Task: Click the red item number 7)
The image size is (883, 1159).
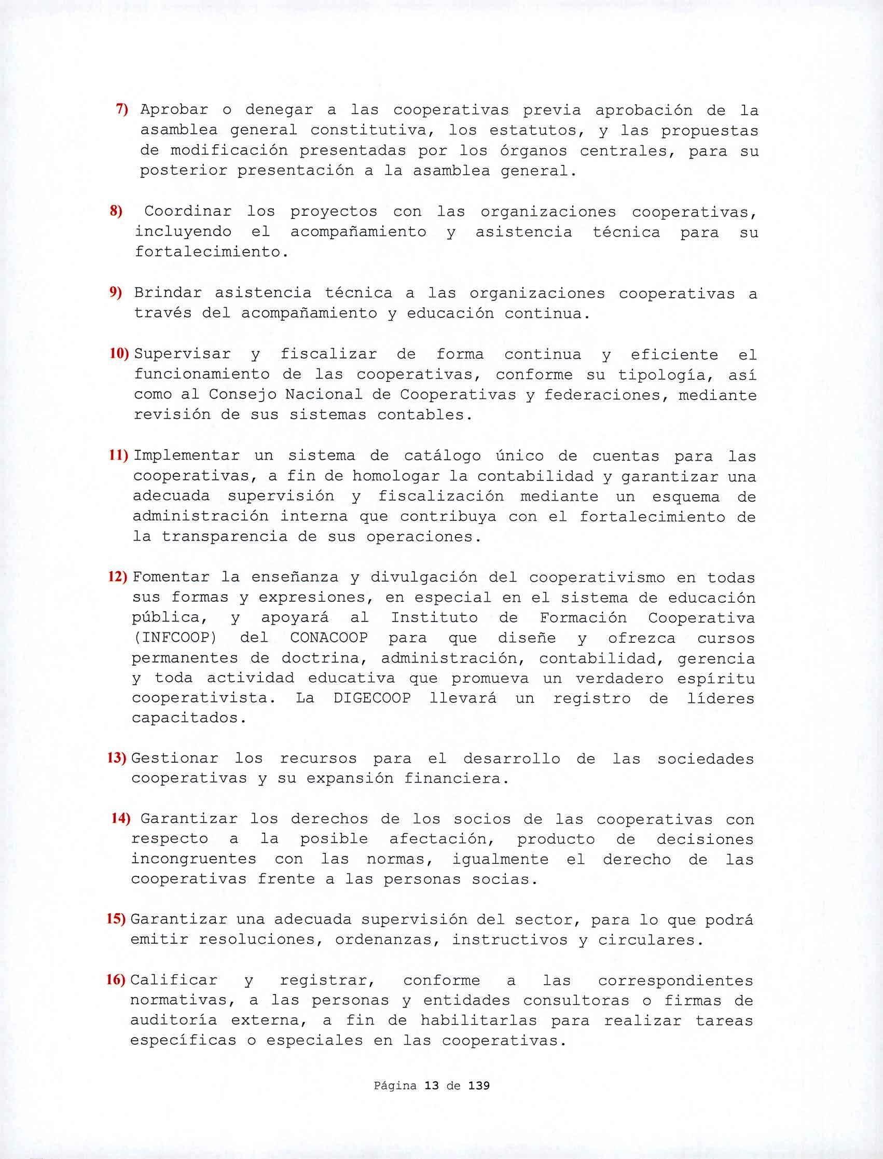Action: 122,109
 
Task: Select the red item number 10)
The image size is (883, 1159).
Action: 119,354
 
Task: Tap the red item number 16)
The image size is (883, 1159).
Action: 116,981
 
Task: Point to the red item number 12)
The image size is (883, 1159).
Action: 118,577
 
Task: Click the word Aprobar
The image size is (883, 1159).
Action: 174,110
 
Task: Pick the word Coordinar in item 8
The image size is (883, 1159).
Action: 188,211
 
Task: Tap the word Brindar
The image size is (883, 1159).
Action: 167,293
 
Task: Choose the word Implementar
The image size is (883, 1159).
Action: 187,456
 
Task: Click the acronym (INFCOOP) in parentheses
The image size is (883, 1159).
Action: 174,638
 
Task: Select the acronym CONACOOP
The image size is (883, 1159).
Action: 329,638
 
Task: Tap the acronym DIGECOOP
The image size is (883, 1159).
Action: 372,698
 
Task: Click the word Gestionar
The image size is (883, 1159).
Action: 174,758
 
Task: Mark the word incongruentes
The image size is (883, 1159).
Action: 194,860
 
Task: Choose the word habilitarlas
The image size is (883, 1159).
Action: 478,1021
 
